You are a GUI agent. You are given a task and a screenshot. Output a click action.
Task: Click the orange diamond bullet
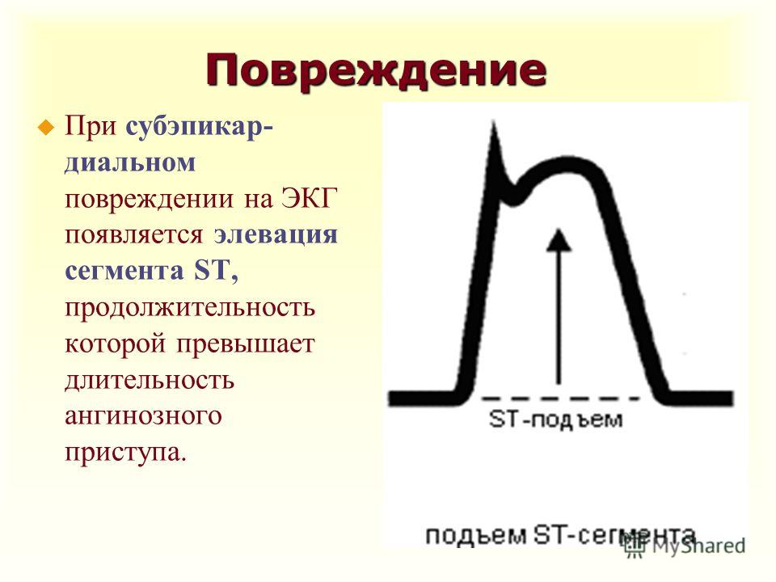click(x=46, y=128)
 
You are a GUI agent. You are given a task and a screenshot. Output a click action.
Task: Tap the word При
click(x=91, y=127)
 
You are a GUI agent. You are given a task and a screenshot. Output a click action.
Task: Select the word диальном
click(x=130, y=162)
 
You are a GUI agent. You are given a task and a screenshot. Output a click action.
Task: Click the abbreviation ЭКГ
click(x=310, y=198)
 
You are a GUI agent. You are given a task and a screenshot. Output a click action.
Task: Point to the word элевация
click(x=276, y=234)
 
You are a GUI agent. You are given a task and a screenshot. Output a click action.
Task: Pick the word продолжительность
click(x=190, y=307)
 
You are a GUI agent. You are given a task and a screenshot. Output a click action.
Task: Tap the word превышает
click(x=246, y=344)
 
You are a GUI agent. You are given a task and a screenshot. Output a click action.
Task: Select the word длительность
click(x=150, y=380)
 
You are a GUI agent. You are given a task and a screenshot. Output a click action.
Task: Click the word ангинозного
click(x=143, y=415)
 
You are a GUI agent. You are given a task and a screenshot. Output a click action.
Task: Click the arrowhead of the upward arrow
click(x=559, y=240)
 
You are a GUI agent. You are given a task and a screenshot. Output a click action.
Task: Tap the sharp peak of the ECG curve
click(x=493, y=122)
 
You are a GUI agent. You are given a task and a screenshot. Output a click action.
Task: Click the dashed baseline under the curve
click(x=560, y=398)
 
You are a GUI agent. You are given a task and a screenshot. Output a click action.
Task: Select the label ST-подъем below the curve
click(x=555, y=420)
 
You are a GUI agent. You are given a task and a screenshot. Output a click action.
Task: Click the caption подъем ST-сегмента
click(x=560, y=535)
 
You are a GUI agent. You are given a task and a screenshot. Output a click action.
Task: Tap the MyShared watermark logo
click(x=685, y=546)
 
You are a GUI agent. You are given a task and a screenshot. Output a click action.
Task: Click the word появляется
click(x=134, y=235)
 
